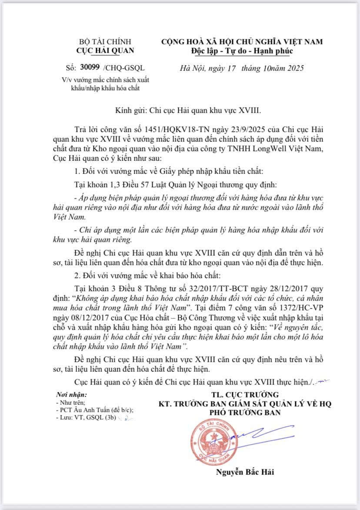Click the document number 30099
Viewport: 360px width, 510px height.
pos(90,67)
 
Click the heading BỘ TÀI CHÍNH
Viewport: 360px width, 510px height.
pos(105,42)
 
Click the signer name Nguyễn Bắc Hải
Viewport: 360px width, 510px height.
pos(245,472)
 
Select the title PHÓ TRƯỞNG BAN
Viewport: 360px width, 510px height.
pos(245,412)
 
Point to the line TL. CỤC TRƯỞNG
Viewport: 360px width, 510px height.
pos(245,395)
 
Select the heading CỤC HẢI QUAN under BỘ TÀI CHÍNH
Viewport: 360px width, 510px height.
pos(105,50)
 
